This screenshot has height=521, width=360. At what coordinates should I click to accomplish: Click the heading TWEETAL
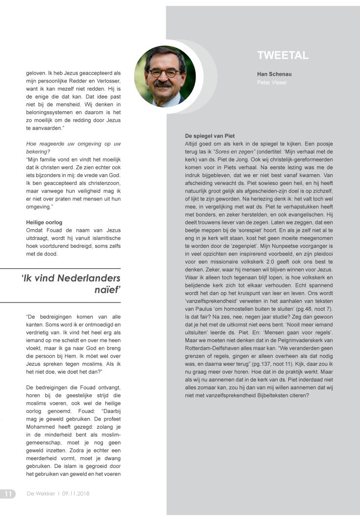coord(282,56)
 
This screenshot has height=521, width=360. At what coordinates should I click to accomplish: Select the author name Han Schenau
coord(274,74)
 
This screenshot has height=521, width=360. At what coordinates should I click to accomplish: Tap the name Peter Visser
coord(272,82)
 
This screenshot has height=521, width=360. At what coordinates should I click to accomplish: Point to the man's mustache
coord(163,84)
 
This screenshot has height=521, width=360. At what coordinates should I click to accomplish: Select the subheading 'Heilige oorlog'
coord(44,222)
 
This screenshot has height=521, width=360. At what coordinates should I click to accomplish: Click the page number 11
coord(8,494)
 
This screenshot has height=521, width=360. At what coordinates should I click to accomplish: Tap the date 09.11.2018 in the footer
coord(76,494)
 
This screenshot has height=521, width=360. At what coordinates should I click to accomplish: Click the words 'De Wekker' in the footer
coord(41,494)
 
